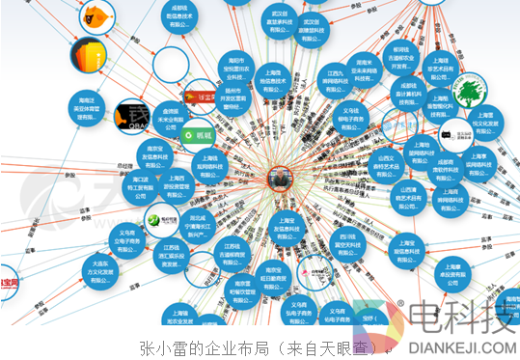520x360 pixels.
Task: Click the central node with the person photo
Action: (280, 178)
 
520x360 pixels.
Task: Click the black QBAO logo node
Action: (133, 117)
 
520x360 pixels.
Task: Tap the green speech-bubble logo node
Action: (201, 136)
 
